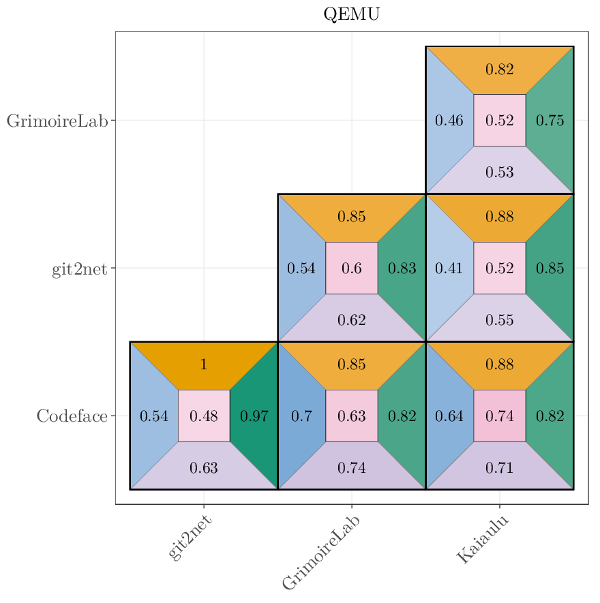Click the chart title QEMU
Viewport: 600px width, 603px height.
(x=351, y=14)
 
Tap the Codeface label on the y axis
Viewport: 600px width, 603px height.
(x=72, y=416)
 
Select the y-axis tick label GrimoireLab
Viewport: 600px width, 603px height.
(x=57, y=121)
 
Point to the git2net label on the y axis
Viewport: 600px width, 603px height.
(x=80, y=268)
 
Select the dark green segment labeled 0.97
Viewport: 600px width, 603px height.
(x=254, y=416)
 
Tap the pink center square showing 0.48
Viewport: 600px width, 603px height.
(x=204, y=416)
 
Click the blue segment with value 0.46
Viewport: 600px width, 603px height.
(x=449, y=121)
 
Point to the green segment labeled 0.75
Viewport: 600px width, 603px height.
(x=550, y=121)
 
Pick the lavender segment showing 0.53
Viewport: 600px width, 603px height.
(x=500, y=172)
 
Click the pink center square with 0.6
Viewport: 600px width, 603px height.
(x=352, y=268)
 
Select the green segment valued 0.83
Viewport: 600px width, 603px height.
(x=402, y=268)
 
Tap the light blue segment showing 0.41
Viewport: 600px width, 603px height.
(x=449, y=268)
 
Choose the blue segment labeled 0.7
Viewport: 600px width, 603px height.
(x=301, y=416)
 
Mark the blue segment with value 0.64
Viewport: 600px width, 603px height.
(x=449, y=416)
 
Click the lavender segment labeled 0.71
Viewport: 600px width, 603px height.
(x=500, y=467)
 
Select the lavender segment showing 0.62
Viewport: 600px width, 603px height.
(x=352, y=320)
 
